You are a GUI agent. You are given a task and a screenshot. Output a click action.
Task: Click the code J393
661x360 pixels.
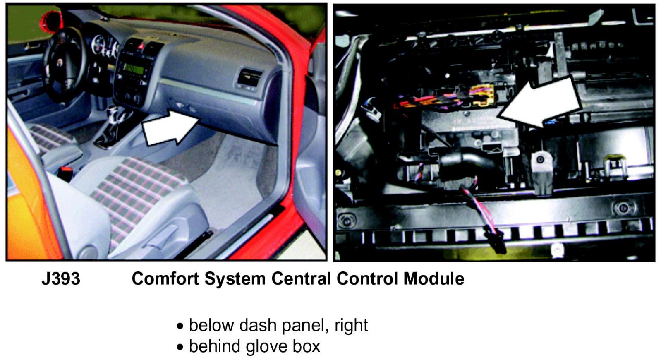point(61,278)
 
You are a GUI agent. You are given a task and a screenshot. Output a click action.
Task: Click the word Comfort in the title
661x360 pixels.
point(165,278)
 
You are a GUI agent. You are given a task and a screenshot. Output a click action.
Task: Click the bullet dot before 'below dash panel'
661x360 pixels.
point(180,326)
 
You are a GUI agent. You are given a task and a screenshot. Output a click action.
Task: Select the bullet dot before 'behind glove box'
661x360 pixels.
point(180,348)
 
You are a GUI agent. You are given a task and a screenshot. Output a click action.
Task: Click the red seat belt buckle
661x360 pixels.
point(67,171)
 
